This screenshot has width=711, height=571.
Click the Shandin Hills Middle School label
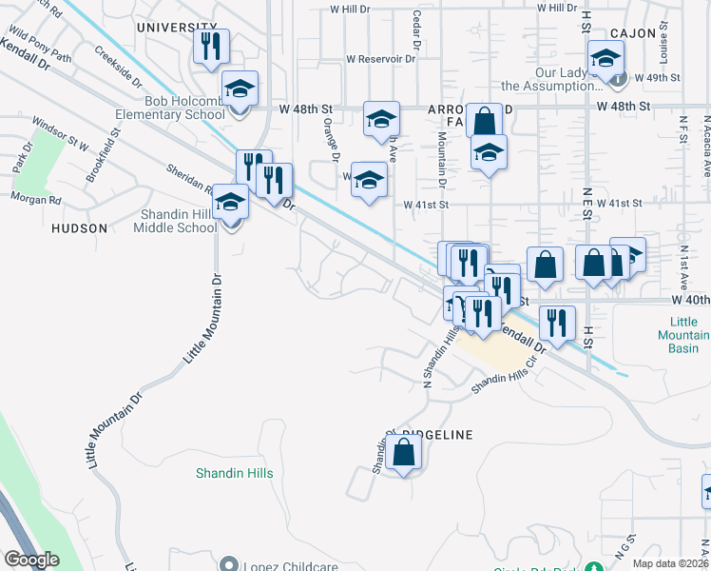179,221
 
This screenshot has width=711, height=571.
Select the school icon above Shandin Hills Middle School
230,203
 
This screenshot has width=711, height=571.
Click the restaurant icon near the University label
211,46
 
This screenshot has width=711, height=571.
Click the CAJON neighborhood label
634,33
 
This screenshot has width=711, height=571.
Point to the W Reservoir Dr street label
381,58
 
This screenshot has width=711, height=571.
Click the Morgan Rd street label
36,200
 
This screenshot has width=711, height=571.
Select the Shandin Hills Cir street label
511,380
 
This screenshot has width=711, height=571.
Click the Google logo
31,561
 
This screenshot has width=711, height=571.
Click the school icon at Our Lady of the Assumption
605,59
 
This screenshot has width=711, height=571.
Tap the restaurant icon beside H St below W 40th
557,324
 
